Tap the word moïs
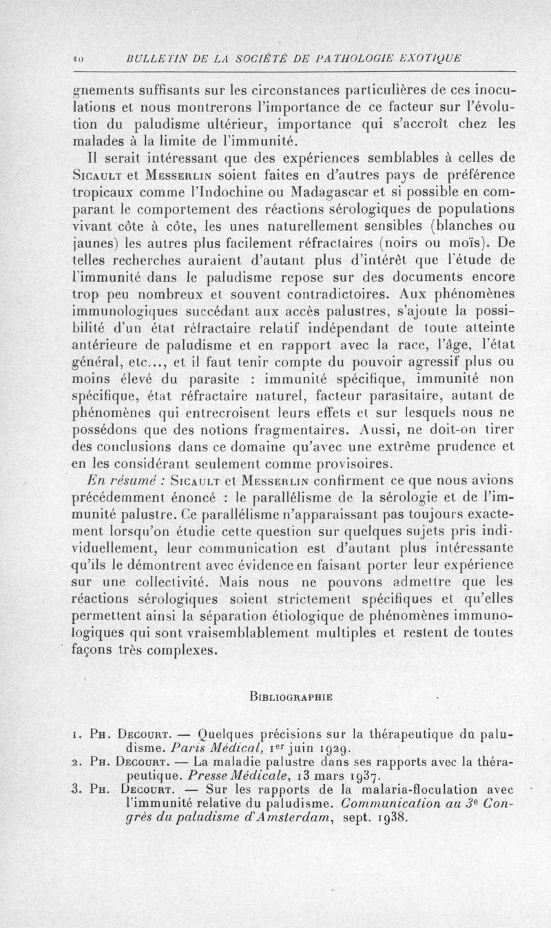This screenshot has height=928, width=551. click(x=468, y=243)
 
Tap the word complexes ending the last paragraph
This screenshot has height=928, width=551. click(x=181, y=649)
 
